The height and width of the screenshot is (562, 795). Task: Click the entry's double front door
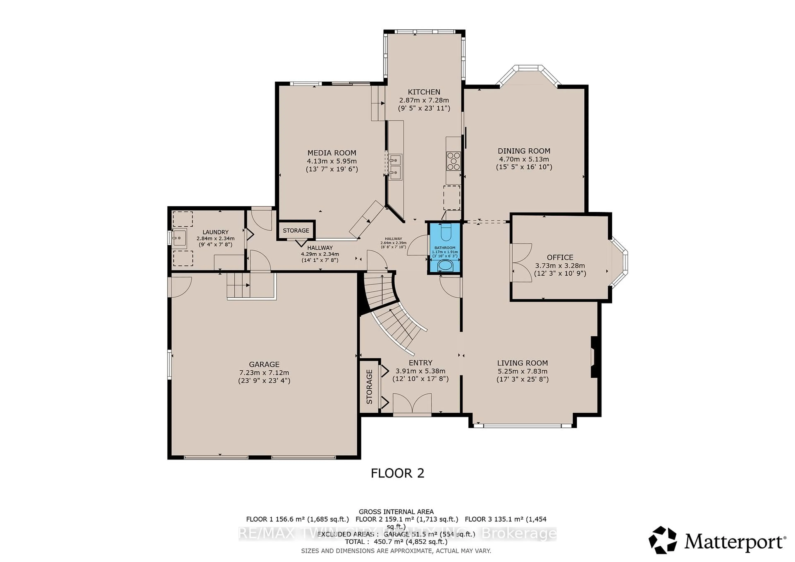click(412, 404)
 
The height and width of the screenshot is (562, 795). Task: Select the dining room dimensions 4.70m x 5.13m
click(524, 159)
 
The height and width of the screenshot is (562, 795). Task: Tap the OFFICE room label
click(560, 257)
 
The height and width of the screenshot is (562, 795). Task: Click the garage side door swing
click(179, 287)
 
